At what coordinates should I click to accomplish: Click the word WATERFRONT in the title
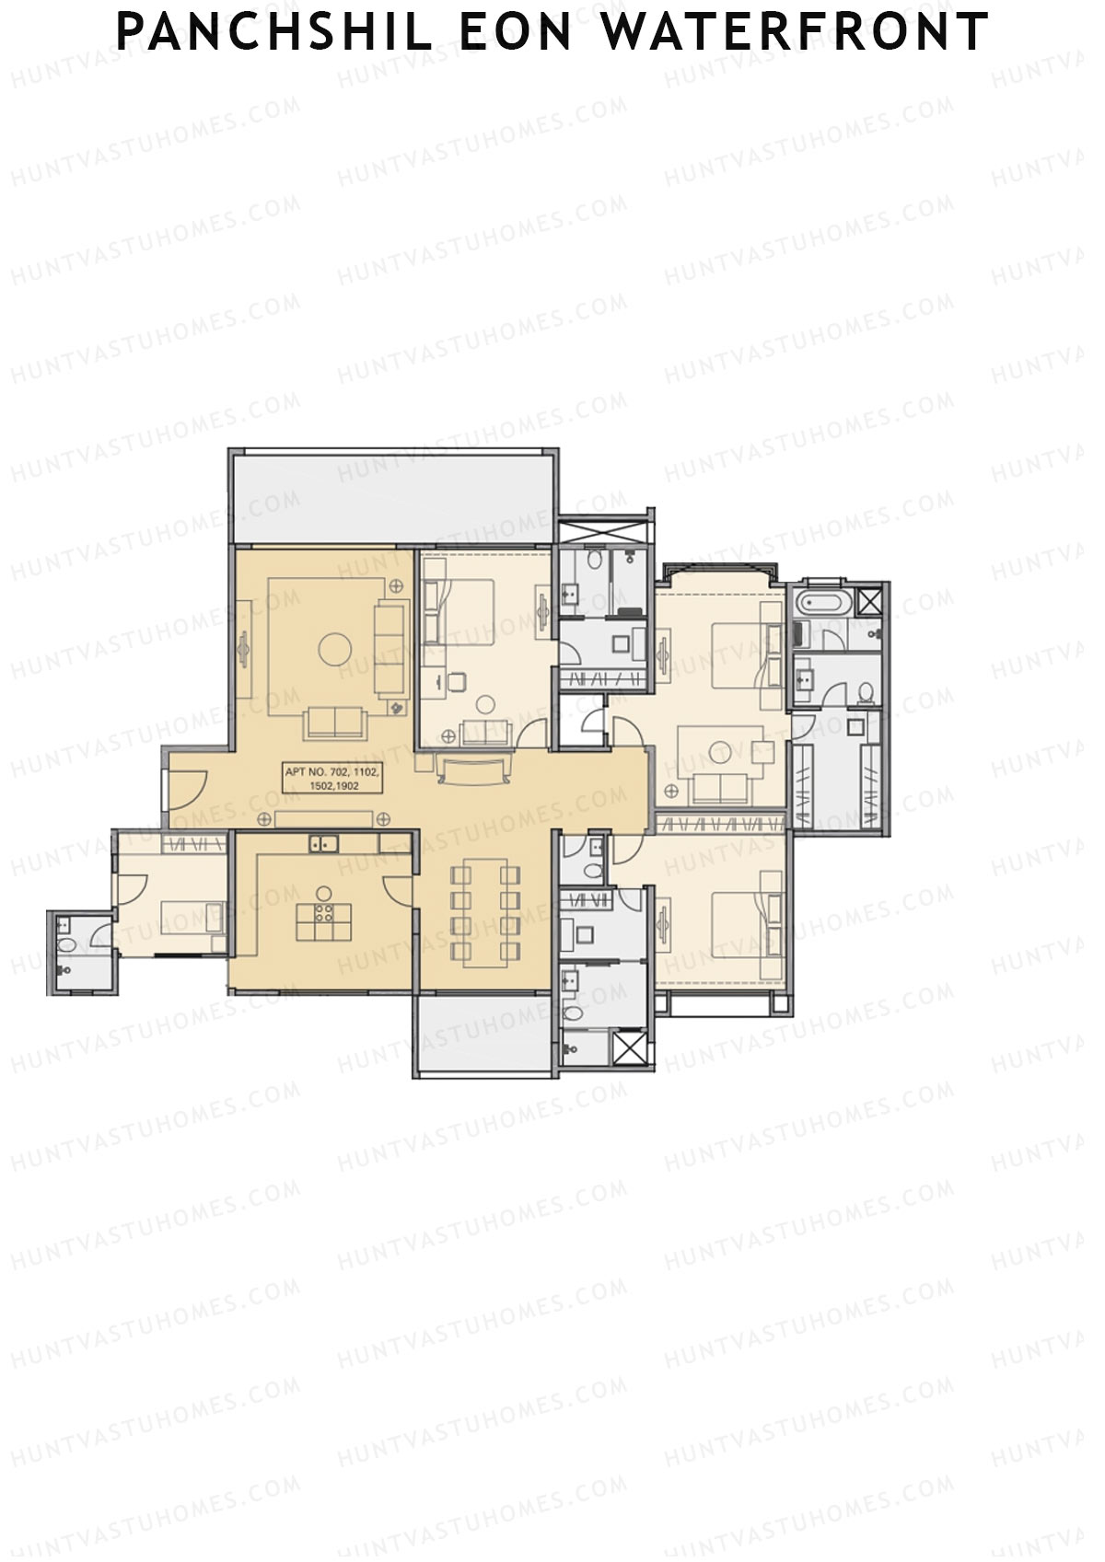(795, 32)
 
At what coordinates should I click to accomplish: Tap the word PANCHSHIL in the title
(274, 32)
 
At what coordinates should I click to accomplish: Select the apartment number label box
(332, 779)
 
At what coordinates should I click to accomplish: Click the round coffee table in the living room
(334, 649)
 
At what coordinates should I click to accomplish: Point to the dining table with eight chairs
(486, 912)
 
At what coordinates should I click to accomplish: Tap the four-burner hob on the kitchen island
(324, 913)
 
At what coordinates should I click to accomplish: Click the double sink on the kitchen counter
(323, 842)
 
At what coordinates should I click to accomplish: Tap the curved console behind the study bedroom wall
(474, 769)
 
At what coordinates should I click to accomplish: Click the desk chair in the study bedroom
(457, 681)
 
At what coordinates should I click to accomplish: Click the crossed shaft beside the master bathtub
(868, 603)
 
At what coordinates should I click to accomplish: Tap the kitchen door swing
(398, 889)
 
